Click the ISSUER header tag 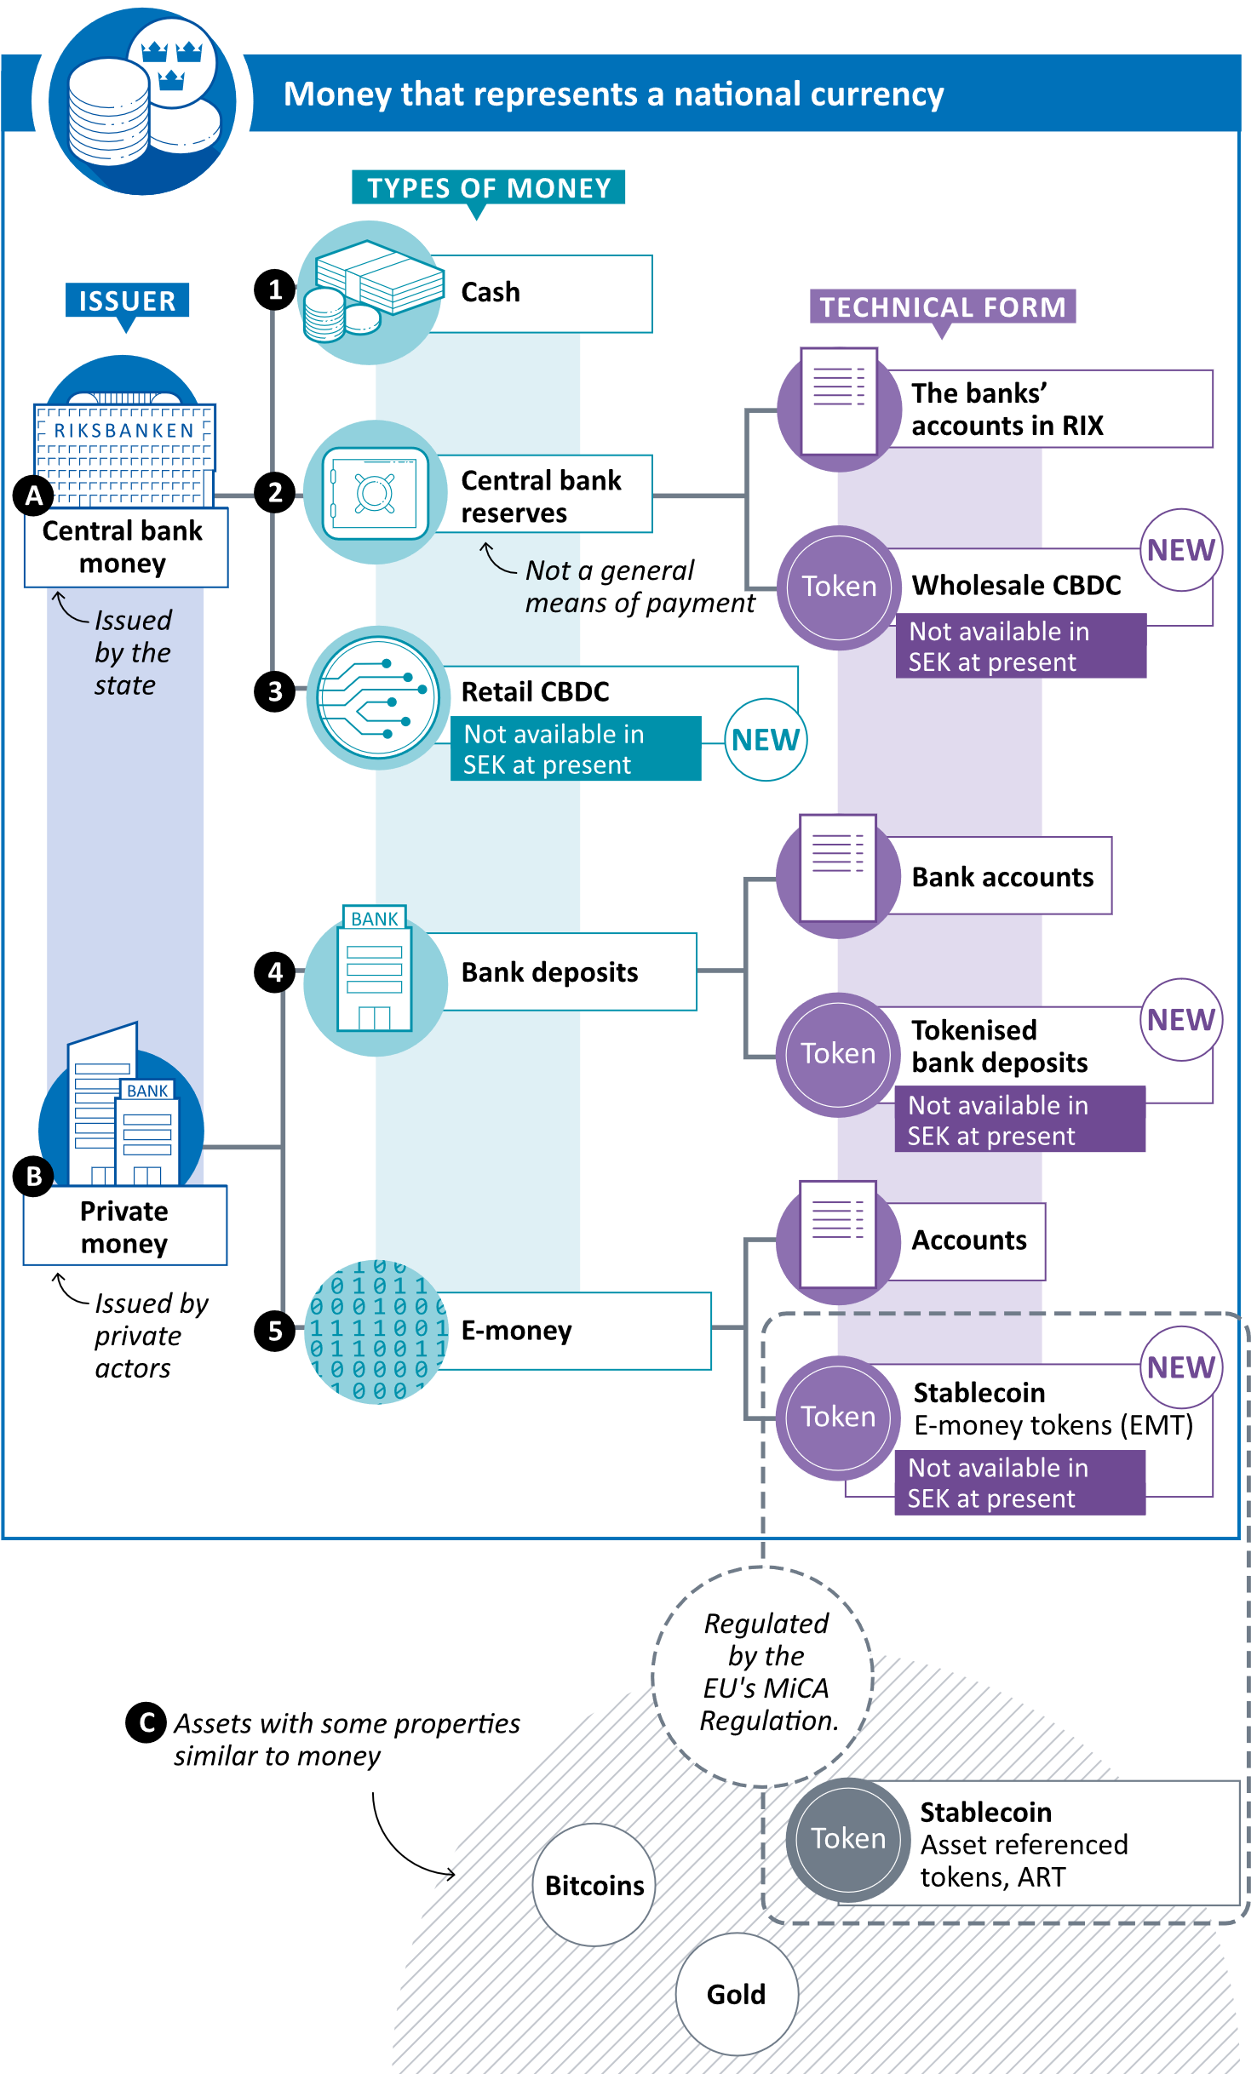point(128,301)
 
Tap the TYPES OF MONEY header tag point(489,187)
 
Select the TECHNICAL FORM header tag point(942,307)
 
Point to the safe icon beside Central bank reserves point(375,493)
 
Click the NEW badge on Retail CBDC point(765,740)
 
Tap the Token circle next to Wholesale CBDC point(839,587)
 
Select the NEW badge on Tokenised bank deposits point(1180,1019)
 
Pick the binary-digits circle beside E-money point(376,1332)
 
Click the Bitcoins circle point(594,1885)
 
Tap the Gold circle point(736,1994)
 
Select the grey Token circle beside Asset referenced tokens point(848,1839)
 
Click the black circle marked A point(34,496)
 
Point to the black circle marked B point(35,1177)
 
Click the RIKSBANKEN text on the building point(124,431)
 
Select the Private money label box point(124,1226)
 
